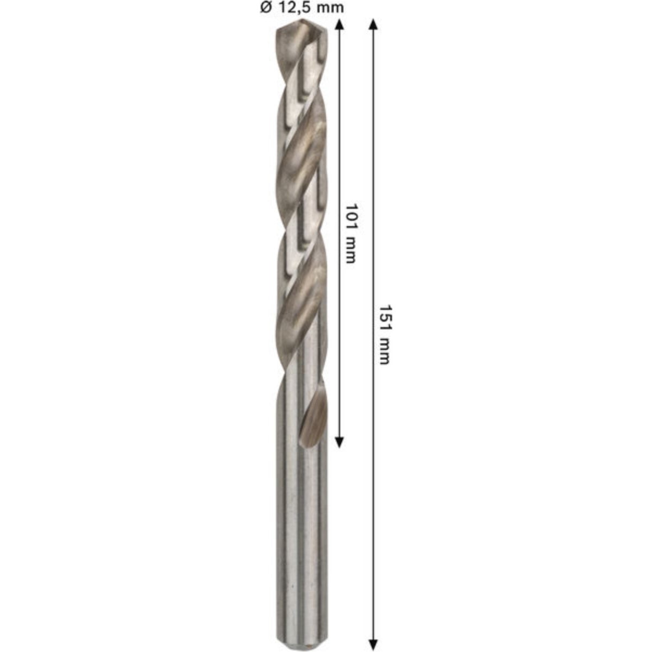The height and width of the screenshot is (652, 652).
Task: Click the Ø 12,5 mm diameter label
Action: click(x=302, y=8)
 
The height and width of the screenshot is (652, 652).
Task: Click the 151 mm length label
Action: click(x=384, y=335)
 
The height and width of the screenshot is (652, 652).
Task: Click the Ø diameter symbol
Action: click(x=266, y=8)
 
